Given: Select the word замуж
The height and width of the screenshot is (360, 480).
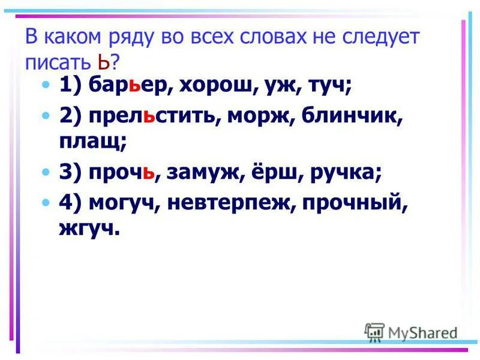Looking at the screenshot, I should pyautogui.click(x=203, y=173).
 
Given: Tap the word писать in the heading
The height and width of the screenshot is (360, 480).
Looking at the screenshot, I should pyautogui.click(x=58, y=62).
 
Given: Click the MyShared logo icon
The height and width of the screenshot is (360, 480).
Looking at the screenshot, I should pyautogui.click(x=374, y=332).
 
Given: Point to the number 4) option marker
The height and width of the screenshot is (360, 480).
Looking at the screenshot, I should pyautogui.click(x=71, y=204).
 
